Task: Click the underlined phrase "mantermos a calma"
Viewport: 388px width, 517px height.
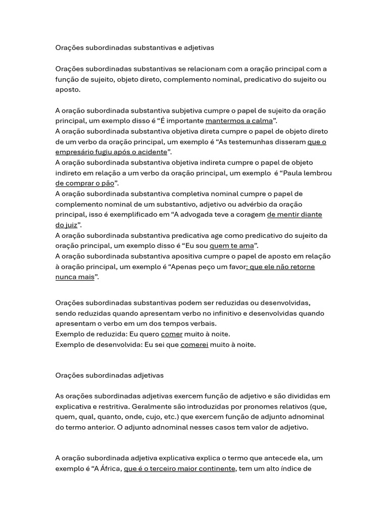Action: [x=239, y=121]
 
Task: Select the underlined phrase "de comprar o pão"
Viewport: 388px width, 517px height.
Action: [x=85, y=183]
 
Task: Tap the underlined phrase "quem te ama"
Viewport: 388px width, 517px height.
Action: [x=231, y=246]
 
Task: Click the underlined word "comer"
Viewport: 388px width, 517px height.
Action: [x=171, y=334]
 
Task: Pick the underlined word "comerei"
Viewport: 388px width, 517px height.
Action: [x=194, y=345]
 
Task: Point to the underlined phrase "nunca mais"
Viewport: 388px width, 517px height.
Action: [x=75, y=277]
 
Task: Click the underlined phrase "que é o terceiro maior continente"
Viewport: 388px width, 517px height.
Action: [x=179, y=469]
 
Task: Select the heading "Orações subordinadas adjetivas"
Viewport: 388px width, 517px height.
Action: [x=109, y=376]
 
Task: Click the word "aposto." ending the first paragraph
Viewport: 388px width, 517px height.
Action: [x=68, y=89]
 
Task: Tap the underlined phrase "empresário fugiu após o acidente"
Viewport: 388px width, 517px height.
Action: [x=111, y=152]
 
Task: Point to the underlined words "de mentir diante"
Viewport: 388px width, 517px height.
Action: [x=295, y=215]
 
